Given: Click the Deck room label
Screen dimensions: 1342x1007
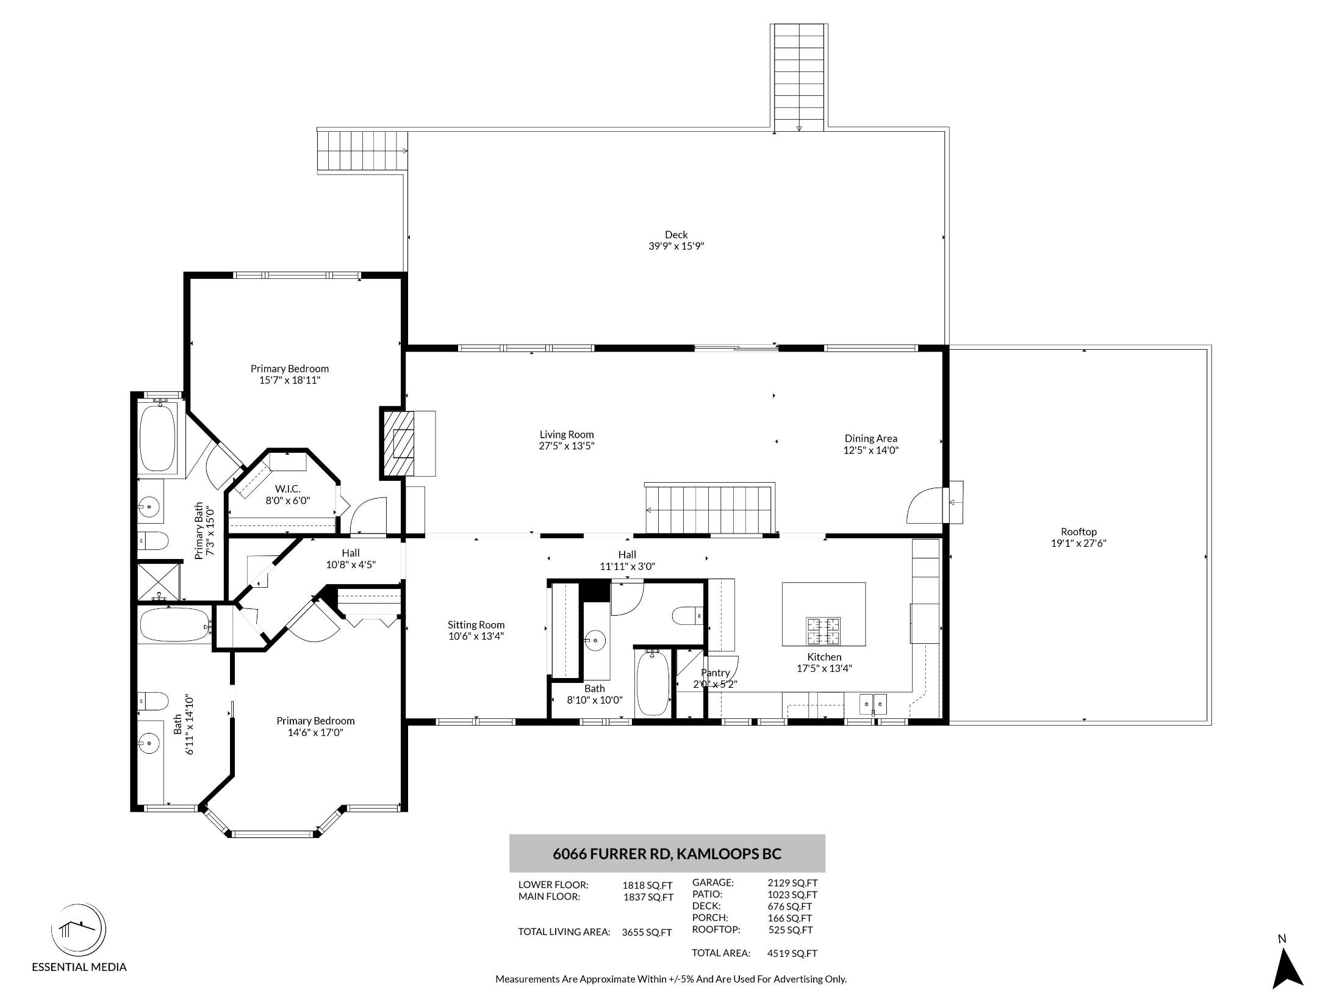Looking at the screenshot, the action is [x=676, y=235].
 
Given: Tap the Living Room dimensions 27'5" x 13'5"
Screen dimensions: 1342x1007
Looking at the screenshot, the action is [x=567, y=446].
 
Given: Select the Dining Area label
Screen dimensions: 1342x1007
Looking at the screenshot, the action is [x=870, y=439].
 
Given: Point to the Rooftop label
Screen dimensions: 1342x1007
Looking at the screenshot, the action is [x=1078, y=532].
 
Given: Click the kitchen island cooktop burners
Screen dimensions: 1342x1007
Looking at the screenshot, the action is [x=823, y=632].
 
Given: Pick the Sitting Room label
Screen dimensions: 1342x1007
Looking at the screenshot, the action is [x=476, y=625].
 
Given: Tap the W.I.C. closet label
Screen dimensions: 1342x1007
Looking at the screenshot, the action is [x=287, y=489].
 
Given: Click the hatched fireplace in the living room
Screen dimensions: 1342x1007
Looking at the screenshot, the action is [x=398, y=442].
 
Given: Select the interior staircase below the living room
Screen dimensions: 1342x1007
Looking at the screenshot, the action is [x=710, y=509].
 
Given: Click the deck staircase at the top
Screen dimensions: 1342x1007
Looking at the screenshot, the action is [x=798, y=77].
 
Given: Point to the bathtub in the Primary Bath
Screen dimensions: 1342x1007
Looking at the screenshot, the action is [x=158, y=437].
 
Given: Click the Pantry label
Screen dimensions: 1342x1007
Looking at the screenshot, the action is [x=715, y=673].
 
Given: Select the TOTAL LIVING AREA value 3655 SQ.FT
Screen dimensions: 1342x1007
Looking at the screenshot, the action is [x=647, y=933].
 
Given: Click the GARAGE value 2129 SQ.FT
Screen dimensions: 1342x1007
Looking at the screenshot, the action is [x=792, y=882].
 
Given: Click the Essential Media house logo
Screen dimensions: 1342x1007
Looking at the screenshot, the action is [x=78, y=931].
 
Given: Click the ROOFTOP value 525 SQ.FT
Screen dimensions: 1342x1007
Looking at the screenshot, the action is [x=791, y=931].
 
